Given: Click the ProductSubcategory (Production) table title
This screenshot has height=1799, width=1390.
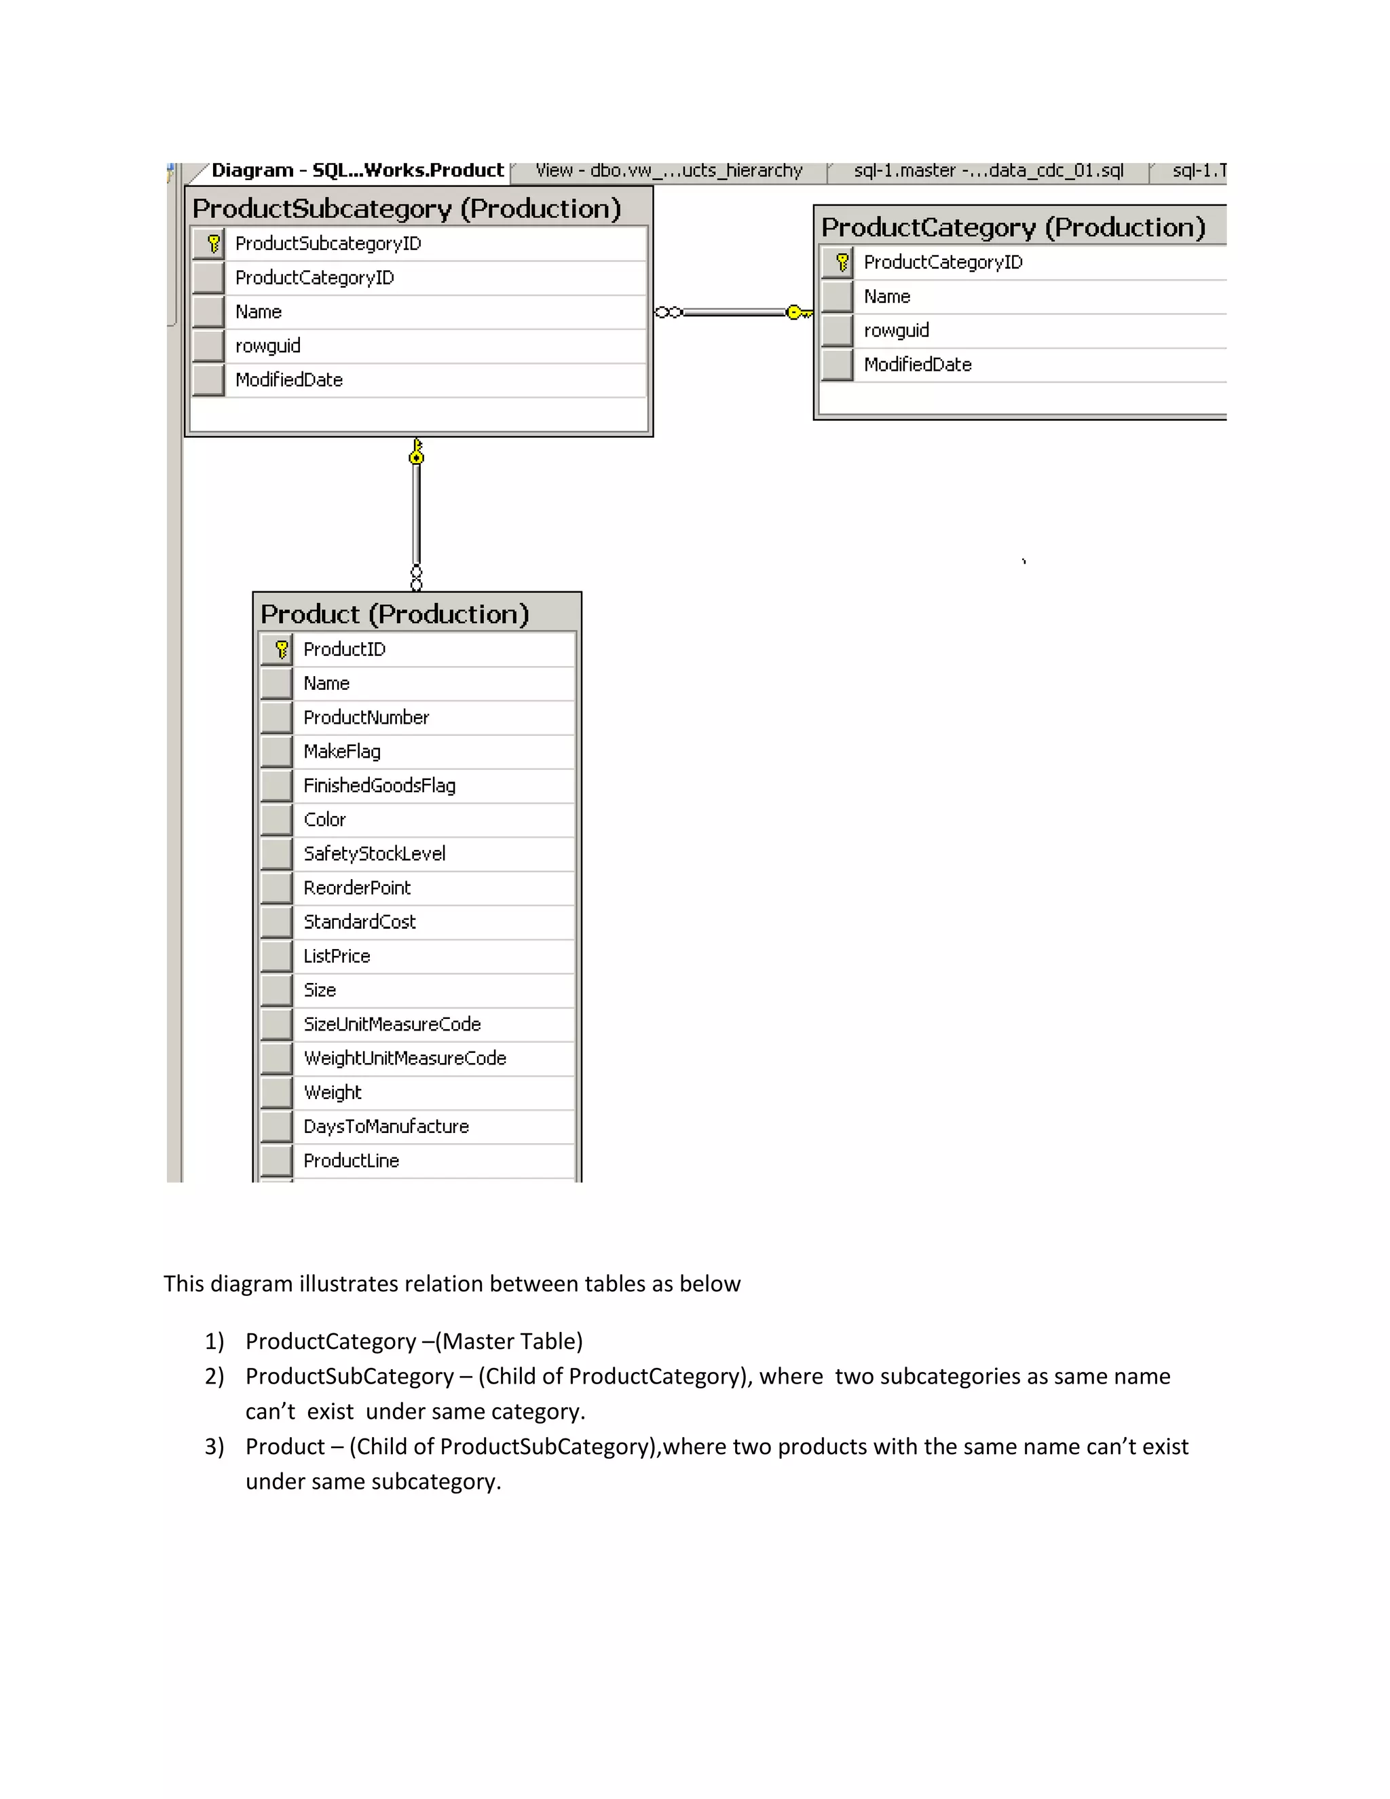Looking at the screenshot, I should pos(406,209).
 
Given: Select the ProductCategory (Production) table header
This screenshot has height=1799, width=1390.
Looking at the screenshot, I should pos(1013,227).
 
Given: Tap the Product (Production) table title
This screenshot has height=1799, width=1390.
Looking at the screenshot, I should pos(394,614).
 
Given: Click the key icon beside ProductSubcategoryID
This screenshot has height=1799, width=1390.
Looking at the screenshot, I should pos(213,244).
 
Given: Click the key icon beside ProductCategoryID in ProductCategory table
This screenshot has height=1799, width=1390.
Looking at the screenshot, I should pos(842,263).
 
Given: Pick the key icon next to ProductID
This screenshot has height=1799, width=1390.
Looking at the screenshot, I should pos(282,650).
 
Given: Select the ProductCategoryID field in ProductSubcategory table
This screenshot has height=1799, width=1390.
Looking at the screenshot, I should pos(314,278).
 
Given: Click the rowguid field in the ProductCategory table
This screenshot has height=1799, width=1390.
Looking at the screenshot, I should pos(896,331).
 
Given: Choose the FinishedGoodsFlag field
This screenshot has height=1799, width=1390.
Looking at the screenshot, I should pos(379,786).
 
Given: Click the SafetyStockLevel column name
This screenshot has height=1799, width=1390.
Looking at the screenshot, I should pos(374,854).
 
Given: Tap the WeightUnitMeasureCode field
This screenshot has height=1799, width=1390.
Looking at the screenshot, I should pos(405,1058).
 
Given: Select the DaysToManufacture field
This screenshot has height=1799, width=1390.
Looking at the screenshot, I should pos(386,1127).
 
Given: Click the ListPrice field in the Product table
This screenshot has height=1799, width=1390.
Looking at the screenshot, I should pos(337,957).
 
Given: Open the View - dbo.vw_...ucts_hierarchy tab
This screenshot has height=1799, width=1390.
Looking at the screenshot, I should pos(668,170).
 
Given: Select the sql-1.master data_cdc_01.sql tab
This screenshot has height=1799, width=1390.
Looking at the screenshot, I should pos(988,170).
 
